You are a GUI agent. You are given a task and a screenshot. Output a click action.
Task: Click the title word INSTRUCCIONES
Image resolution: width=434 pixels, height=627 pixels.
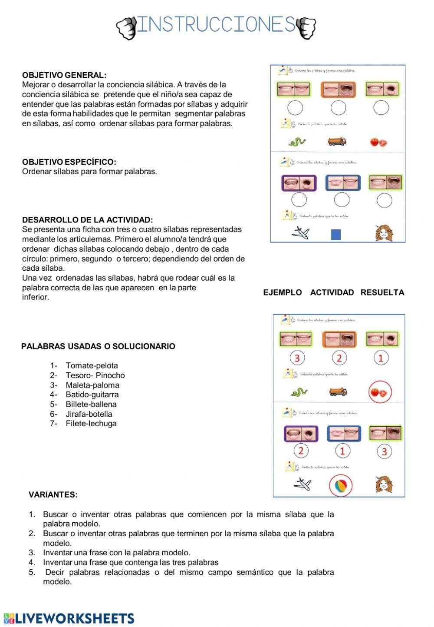[x=216, y=25]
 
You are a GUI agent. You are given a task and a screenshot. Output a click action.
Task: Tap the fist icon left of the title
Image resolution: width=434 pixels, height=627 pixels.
[x=126, y=28]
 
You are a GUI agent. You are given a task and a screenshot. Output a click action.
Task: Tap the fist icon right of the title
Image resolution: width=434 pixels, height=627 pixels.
[x=306, y=28]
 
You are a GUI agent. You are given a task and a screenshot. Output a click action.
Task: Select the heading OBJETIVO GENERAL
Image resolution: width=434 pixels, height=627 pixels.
[x=64, y=75]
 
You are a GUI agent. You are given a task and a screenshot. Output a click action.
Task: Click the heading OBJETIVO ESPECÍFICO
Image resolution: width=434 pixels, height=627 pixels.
[x=69, y=162]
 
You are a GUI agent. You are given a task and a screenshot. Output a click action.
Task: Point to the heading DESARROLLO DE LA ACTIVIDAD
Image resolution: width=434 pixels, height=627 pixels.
[x=87, y=220]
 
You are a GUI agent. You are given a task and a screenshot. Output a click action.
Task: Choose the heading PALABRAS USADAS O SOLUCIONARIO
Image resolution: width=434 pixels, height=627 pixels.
[x=98, y=346]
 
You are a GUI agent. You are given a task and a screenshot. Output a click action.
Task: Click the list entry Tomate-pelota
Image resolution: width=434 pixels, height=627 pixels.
[x=92, y=366]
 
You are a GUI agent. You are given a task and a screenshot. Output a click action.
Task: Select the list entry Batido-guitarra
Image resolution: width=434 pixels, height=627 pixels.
[x=92, y=395]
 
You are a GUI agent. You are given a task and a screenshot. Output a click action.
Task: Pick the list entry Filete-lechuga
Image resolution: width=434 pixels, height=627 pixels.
[x=91, y=424]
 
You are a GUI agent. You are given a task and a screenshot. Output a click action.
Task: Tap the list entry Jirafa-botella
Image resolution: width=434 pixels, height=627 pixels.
[x=89, y=414]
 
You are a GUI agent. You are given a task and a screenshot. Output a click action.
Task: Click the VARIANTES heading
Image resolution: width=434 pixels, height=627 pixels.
[x=53, y=494]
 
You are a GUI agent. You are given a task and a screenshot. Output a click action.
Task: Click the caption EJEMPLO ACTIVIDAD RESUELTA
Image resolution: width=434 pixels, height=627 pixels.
[x=333, y=292]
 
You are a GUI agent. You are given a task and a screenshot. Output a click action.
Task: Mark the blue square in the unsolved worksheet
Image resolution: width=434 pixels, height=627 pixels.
[x=336, y=235]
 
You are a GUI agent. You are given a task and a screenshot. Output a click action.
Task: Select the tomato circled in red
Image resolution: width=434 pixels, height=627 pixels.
[x=380, y=392]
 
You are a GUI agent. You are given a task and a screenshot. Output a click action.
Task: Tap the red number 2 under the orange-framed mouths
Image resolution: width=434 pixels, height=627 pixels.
[x=339, y=358]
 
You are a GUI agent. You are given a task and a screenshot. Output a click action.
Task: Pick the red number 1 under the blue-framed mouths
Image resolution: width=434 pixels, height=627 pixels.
[x=342, y=451]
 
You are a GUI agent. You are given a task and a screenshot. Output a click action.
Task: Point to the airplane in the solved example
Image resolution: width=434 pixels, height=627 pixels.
[x=302, y=484]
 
